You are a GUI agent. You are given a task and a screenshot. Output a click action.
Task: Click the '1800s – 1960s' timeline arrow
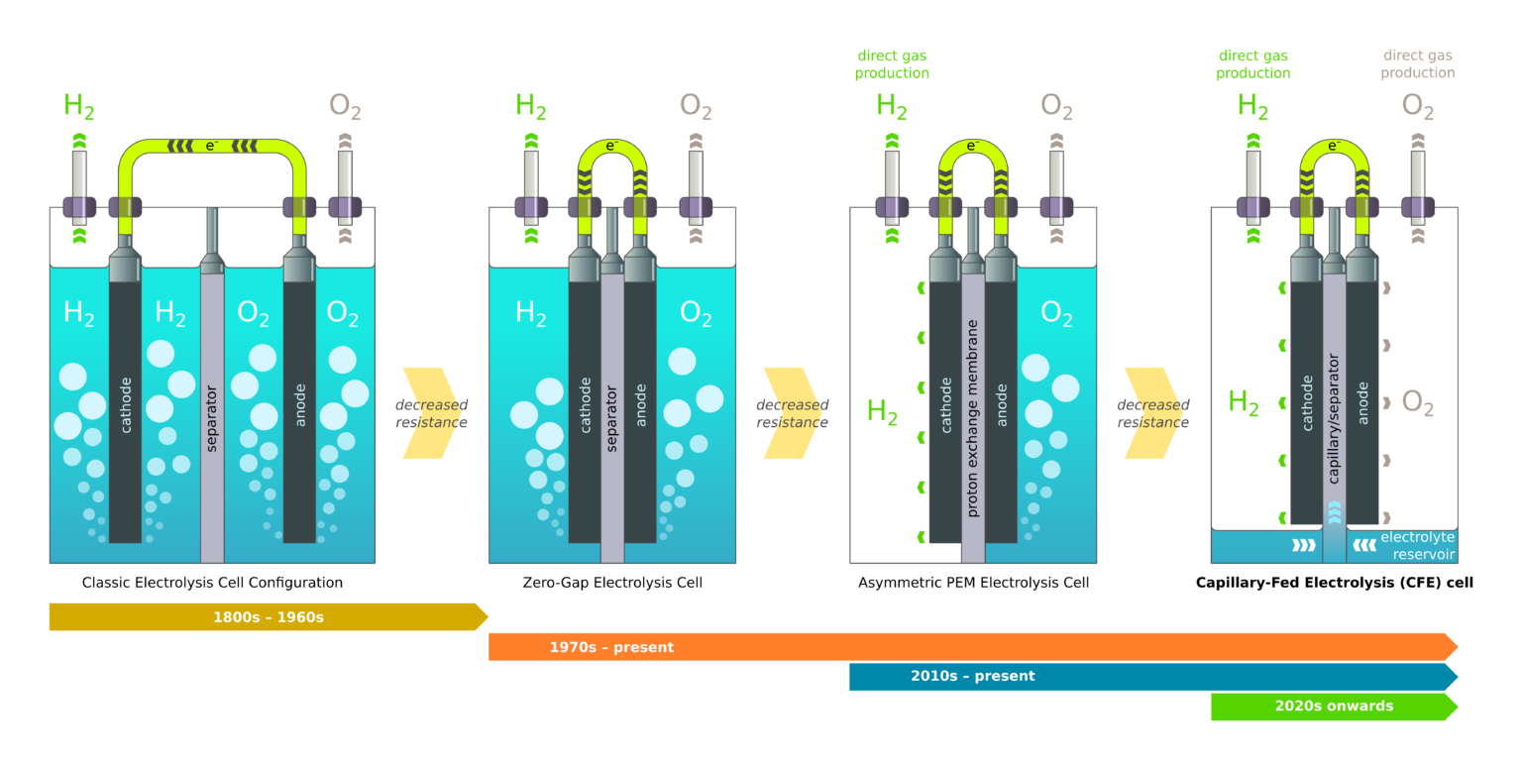268,617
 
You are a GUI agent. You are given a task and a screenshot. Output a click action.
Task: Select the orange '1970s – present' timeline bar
971,647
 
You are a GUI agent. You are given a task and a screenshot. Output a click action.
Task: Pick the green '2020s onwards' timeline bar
1333,707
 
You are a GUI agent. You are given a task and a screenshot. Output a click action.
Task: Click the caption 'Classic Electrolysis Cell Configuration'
212,583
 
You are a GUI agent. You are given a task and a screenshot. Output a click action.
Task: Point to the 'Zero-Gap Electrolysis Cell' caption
612,583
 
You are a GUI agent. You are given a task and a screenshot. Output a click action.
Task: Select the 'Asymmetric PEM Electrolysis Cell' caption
973,583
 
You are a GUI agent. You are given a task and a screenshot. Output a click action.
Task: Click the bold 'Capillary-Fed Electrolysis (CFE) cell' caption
1334,583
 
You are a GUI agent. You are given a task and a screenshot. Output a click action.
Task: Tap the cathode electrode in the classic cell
125,406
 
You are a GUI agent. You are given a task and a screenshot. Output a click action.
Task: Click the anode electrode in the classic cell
299,406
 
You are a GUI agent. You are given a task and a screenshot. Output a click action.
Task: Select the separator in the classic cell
212,416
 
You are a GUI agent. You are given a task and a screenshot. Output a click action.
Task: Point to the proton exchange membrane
973,416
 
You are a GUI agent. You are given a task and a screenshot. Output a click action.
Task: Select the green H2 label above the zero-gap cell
531,106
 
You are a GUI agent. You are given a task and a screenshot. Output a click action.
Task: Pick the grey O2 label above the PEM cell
1056,106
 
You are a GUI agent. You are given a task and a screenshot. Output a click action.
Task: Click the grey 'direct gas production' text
1418,64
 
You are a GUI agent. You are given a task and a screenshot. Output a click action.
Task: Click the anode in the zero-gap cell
640,406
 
